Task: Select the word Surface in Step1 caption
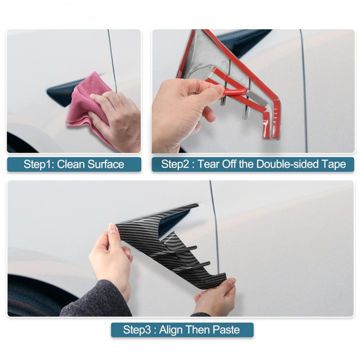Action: pyautogui.click(x=106, y=164)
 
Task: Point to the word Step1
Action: pyautogui.click(x=39, y=164)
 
